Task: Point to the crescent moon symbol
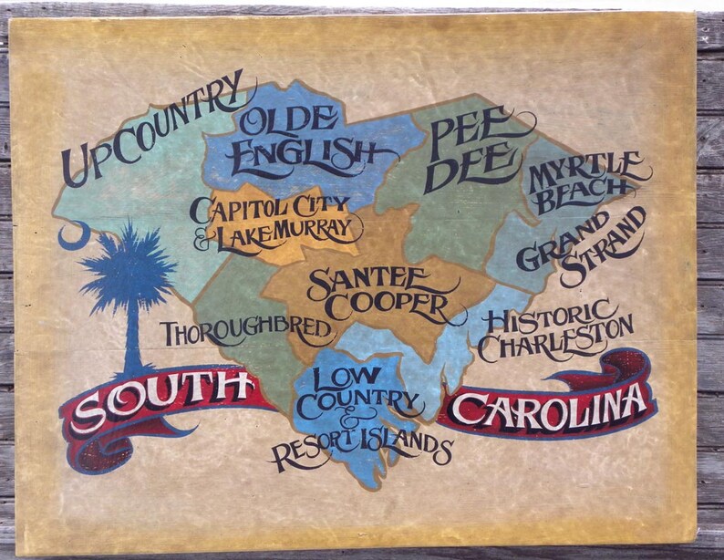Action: (x=74, y=236)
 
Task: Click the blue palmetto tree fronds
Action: (x=128, y=264)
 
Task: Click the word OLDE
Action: (x=289, y=119)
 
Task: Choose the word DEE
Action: (x=471, y=168)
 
